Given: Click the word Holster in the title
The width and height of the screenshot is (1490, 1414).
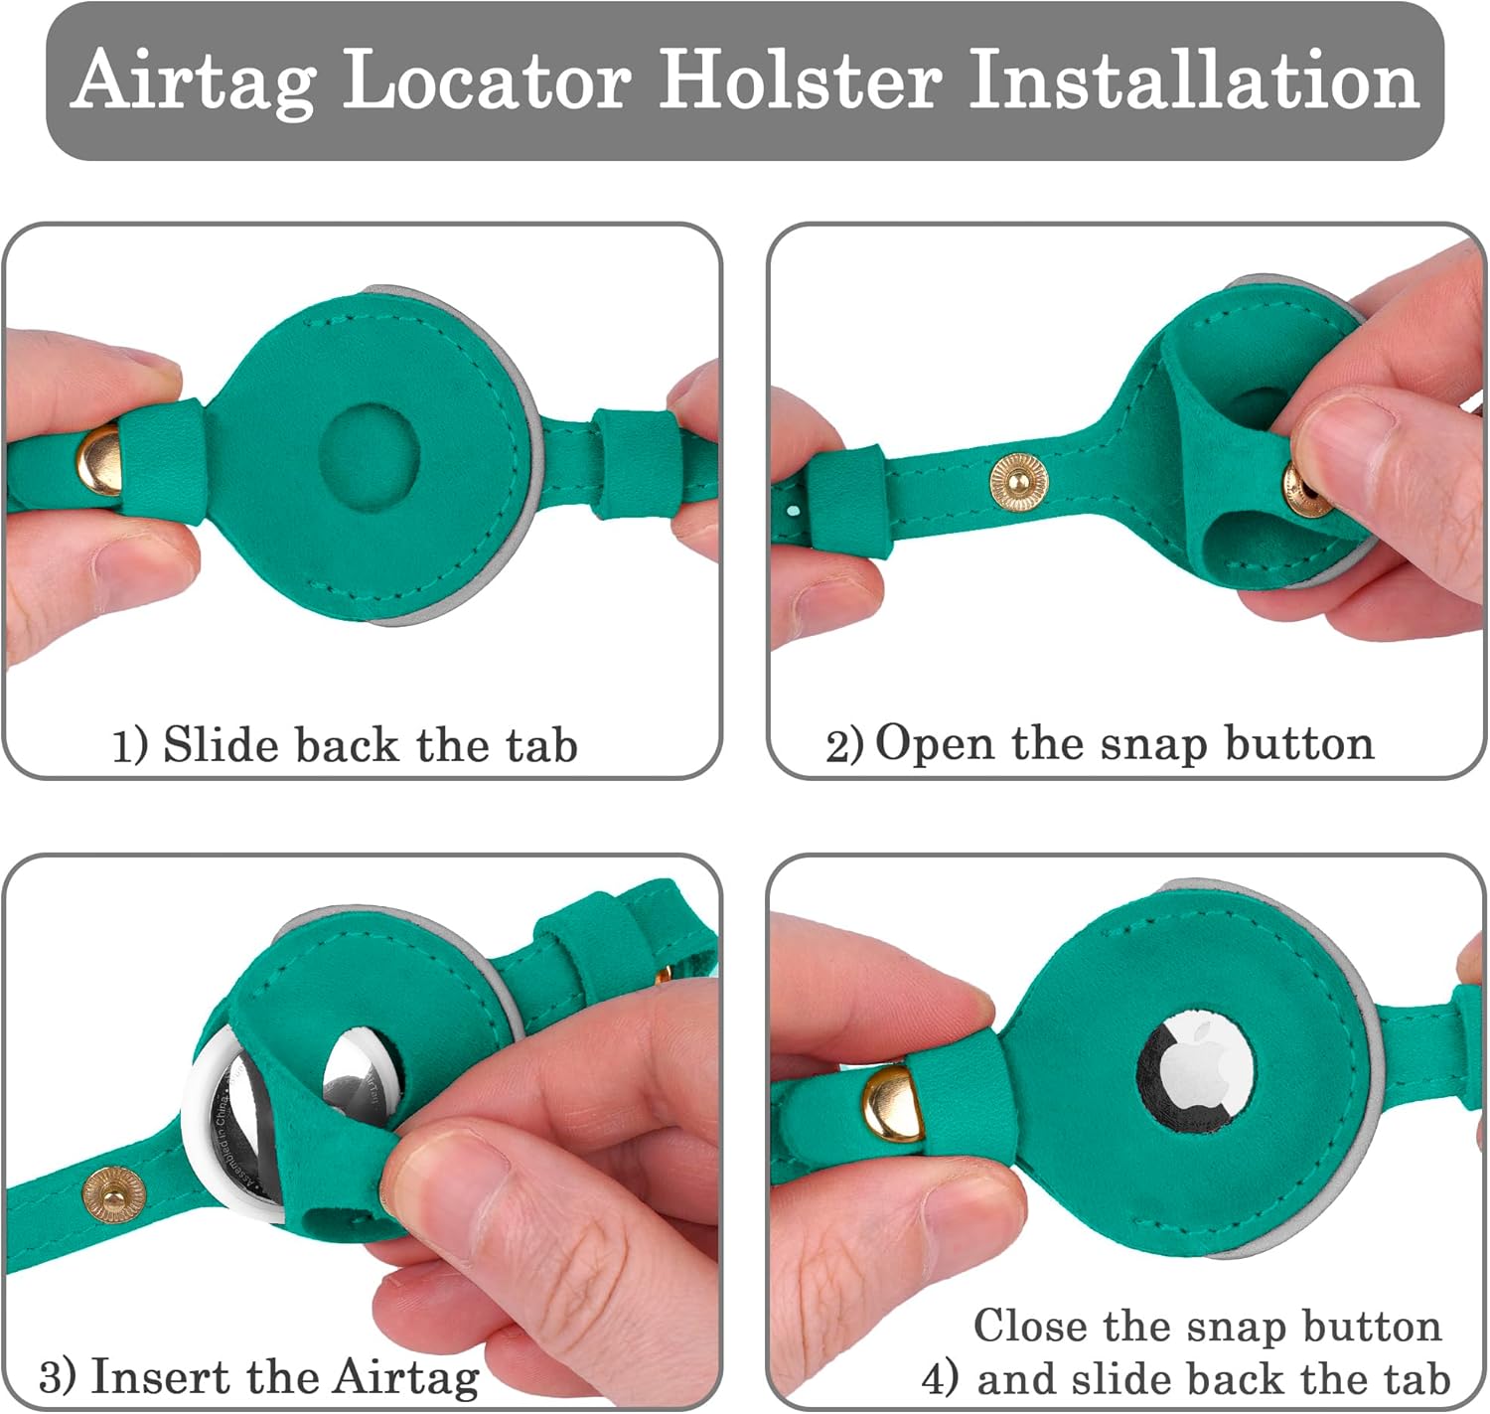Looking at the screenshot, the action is click(801, 79).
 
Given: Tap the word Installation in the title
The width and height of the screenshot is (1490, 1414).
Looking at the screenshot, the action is click(1194, 79).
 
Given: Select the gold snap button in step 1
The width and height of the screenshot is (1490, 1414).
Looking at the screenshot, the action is click(99, 459).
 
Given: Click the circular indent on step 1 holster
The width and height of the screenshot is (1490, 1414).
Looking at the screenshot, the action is click(370, 456).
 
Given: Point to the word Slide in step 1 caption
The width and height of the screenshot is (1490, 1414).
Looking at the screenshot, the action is click(219, 744).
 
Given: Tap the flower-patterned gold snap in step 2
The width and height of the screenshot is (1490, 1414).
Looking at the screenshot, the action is click(1019, 482).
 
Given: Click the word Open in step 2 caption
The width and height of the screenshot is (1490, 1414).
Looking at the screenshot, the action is click(934, 746).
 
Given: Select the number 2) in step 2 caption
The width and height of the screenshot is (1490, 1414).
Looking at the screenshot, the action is click(844, 746).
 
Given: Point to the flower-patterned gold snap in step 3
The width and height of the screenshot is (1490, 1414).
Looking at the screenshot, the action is click(113, 1195).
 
